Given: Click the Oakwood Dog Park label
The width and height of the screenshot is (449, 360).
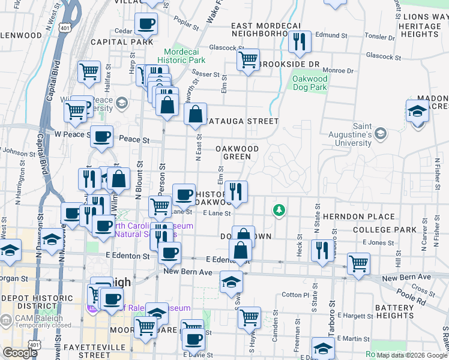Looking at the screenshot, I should point(310,83).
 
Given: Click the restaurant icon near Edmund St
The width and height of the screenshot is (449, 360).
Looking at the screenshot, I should point(298,41).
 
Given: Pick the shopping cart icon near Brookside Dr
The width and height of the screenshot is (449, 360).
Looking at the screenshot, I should point(247,59).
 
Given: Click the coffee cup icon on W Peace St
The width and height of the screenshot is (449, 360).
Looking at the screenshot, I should point(101,136).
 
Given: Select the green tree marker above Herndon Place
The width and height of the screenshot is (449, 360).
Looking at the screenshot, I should point(279,210).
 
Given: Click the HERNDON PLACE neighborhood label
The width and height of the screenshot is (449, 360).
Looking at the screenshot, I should point(358,217).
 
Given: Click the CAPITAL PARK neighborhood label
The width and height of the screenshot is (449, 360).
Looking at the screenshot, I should point(118,42).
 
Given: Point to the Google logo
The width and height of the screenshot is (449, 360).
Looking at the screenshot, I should point(20,353).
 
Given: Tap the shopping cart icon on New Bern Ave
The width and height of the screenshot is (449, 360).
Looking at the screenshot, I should point(358,263).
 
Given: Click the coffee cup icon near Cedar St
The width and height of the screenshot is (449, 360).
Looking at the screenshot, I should point(146,25).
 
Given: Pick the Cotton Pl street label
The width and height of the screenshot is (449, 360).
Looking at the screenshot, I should point(295,295).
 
